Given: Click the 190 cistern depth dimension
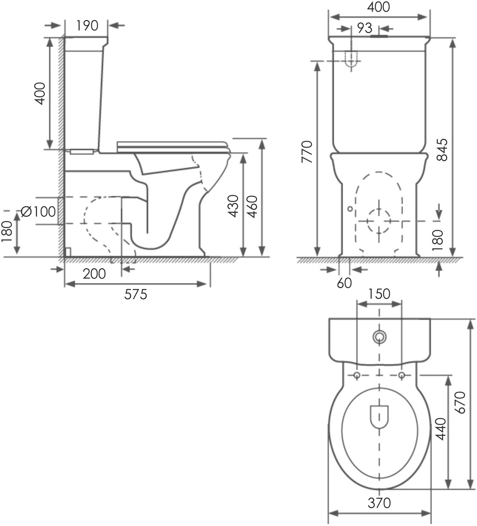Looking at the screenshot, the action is (87, 26).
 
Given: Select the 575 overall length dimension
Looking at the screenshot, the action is (135, 294).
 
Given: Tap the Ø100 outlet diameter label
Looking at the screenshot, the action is (38, 212).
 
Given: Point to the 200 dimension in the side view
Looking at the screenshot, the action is (94, 274).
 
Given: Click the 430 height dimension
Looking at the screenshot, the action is (233, 206).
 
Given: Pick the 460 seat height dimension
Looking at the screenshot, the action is (253, 207).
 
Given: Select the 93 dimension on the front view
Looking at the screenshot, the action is (365, 28).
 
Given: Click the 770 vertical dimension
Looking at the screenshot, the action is (307, 152).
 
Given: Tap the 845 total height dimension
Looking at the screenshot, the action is (442, 149).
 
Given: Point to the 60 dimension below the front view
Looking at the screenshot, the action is (344, 283).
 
